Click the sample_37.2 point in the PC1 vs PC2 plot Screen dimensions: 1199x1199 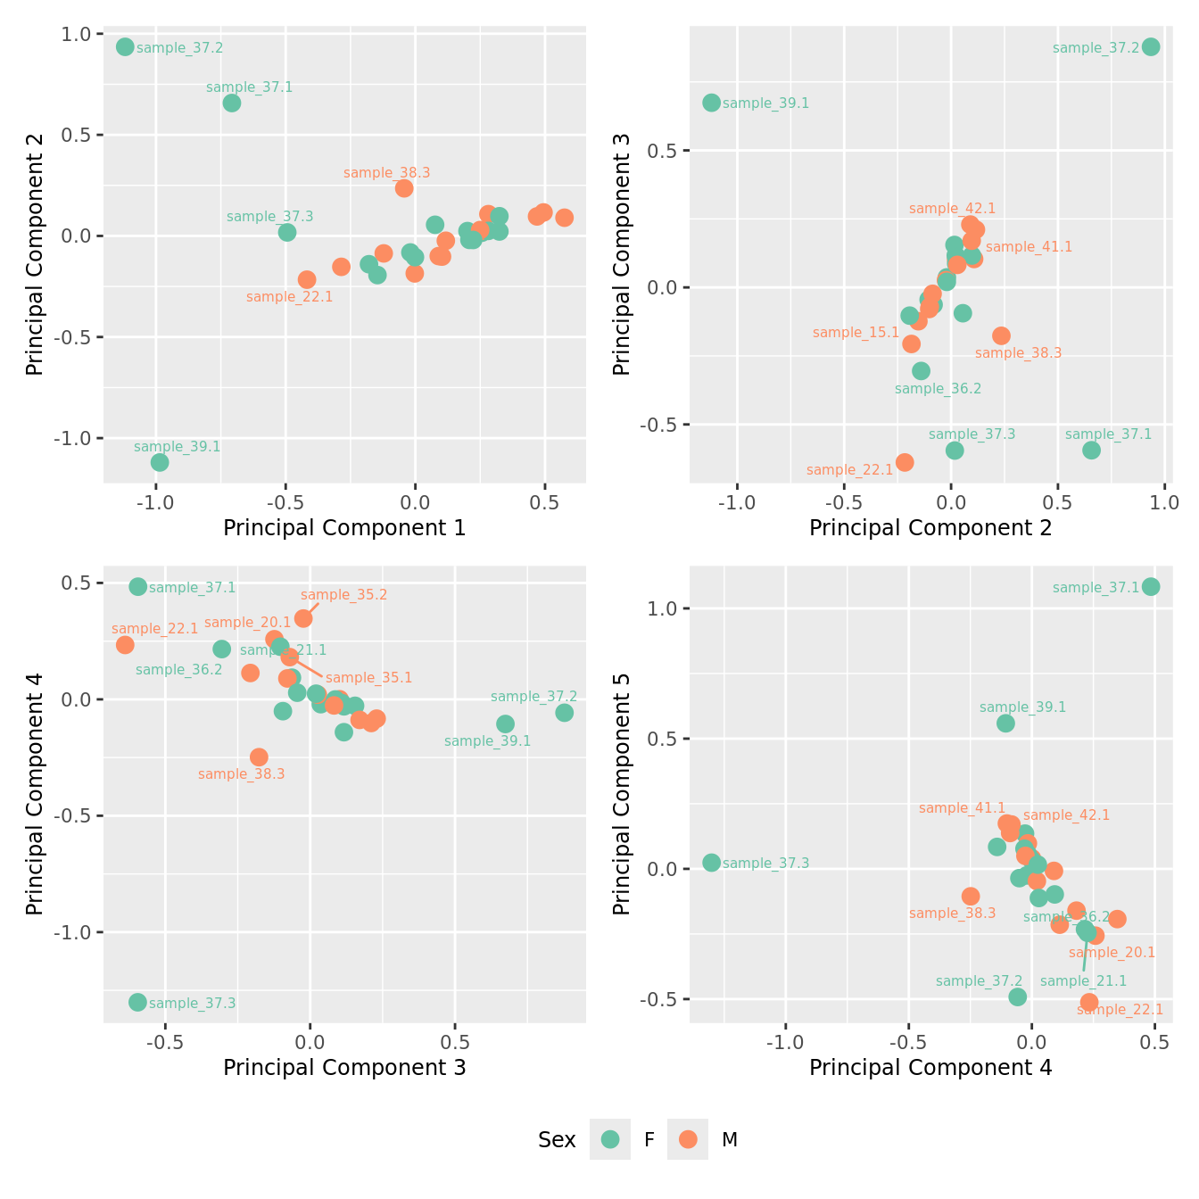tap(125, 47)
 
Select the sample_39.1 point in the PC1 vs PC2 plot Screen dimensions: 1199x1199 tap(160, 462)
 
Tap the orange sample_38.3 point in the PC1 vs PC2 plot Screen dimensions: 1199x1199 tap(404, 188)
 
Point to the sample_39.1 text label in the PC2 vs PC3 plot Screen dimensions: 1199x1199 tap(765, 103)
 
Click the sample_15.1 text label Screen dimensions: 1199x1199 tap(856, 333)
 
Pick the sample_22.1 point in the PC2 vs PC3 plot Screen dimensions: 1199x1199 tap(905, 462)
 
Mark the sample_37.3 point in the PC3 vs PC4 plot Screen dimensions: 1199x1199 tap(137, 1003)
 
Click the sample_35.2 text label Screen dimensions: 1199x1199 tap(343, 595)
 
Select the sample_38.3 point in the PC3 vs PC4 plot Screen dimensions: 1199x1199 tap(259, 757)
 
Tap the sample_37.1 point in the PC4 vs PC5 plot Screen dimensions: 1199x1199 tap(1151, 587)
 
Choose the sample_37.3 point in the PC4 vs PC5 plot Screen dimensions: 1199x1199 tap(711, 863)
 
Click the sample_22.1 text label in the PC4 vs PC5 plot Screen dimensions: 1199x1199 tap(1120, 1010)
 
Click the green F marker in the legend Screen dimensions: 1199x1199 tap(610, 1139)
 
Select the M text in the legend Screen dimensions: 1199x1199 tap(729, 1139)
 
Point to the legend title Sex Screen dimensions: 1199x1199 tap(557, 1139)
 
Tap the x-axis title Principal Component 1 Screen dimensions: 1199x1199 tap(344, 528)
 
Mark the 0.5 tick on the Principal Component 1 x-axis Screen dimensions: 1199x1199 tap(544, 503)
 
